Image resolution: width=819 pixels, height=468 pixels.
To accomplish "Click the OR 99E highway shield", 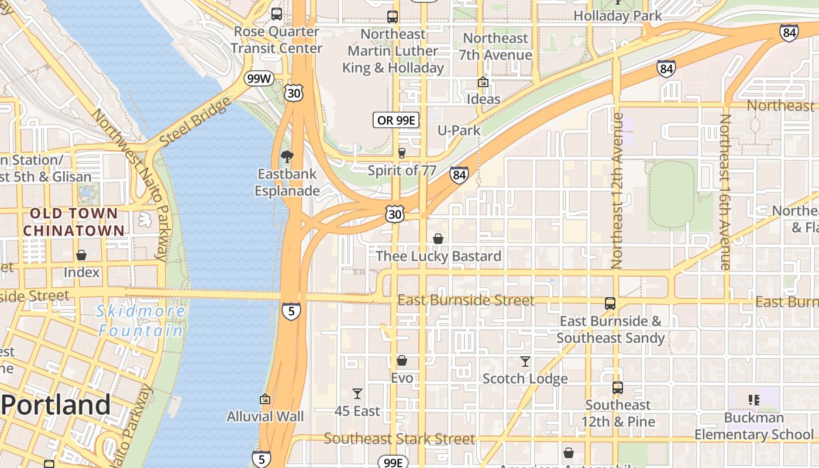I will [397, 121].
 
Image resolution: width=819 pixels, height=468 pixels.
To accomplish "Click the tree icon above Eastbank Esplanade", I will [287, 157].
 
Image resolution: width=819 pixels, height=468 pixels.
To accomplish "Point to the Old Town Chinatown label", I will [74, 222].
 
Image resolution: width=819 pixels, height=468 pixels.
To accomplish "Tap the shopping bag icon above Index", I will [81, 256].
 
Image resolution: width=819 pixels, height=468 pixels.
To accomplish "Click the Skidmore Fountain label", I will [140, 321].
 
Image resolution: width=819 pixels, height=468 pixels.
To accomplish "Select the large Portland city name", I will [56, 405].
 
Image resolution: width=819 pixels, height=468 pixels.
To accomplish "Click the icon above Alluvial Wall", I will [265, 399].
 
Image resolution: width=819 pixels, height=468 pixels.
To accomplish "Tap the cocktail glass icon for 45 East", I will [357, 394].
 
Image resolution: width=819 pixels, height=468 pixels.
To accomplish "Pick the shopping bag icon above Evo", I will [402, 360].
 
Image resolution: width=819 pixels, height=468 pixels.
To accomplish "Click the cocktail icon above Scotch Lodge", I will [525, 362].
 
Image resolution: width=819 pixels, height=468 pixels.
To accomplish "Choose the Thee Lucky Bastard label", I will [438, 256].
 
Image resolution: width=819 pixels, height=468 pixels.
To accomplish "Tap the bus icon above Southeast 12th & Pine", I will [618, 387].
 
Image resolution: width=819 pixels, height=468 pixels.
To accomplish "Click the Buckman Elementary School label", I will [753, 426].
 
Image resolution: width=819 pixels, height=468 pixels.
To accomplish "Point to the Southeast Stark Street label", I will [400, 438].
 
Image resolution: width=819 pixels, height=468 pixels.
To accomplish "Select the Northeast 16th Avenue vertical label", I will [725, 191].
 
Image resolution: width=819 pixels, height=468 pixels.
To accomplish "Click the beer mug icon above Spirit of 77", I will [401, 153].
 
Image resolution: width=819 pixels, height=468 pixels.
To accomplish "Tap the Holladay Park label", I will [617, 16].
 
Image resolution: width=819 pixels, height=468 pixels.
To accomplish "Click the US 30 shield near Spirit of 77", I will [395, 215].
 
